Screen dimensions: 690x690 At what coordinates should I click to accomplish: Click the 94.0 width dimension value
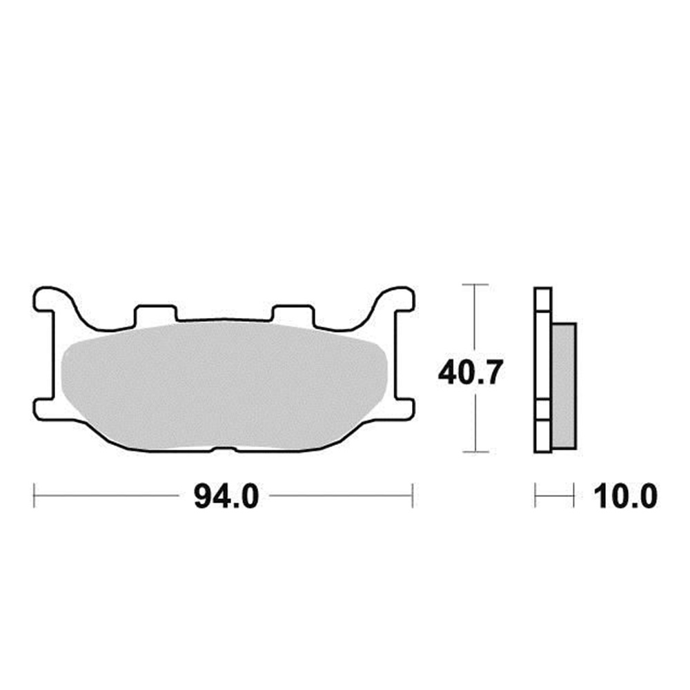(x=226, y=496)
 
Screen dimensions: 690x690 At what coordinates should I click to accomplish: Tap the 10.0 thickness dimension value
(x=620, y=496)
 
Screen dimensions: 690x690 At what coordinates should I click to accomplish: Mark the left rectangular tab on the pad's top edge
(x=155, y=313)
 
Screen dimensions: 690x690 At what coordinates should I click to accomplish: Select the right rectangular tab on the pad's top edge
(x=293, y=313)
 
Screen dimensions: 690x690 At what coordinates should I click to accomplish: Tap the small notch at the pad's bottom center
(x=223, y=449)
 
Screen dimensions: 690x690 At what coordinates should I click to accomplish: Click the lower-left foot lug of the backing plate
(x=44, y=406)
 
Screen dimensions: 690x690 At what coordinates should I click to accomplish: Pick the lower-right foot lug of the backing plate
(x=403, y=406)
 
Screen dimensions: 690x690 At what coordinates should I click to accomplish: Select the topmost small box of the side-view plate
(x=543, y=299)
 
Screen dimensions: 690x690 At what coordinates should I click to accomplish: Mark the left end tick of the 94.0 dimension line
(x=34, y=495)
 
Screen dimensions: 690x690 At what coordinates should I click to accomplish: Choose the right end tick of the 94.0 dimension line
(x=412, y=495)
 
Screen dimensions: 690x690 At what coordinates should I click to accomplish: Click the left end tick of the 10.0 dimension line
(x=535, y=495)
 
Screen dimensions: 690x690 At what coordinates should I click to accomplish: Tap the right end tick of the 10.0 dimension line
(x=574, y=495)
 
